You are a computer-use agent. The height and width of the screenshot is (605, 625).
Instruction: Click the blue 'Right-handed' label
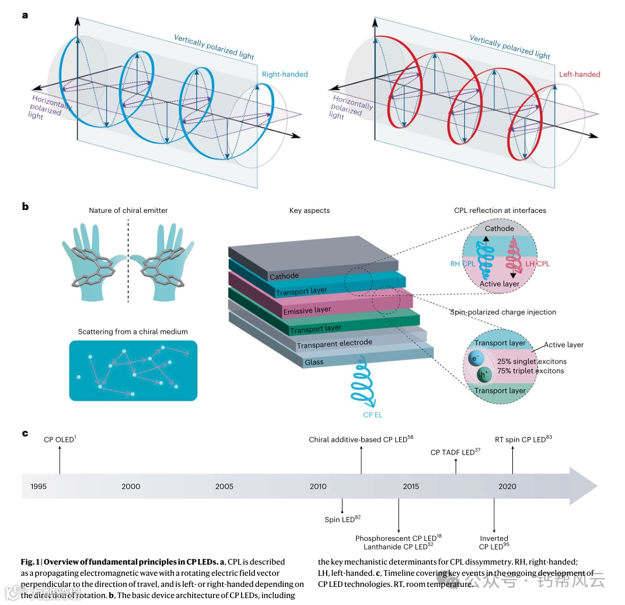tap(284, 74)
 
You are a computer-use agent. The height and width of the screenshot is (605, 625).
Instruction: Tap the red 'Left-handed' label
tap(579, 74)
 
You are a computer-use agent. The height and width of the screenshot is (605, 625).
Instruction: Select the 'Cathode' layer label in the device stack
tap(284, 275)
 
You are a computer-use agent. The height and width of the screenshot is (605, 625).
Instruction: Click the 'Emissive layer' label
tap(307, 310)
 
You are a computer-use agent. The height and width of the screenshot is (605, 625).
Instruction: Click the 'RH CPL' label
tap(463, 264)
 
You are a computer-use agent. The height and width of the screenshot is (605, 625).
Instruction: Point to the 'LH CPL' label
tap(537, 264)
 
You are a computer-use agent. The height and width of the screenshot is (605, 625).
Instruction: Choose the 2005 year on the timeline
tap(224, 486)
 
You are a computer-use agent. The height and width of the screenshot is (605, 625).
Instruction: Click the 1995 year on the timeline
tap(39, 486)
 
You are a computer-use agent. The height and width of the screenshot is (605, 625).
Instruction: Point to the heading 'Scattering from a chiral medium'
tap(132, 331)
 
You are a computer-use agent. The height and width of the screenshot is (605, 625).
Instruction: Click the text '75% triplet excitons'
tap(530, 370)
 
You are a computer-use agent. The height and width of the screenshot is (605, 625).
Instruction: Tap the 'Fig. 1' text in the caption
tap(29, 562)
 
